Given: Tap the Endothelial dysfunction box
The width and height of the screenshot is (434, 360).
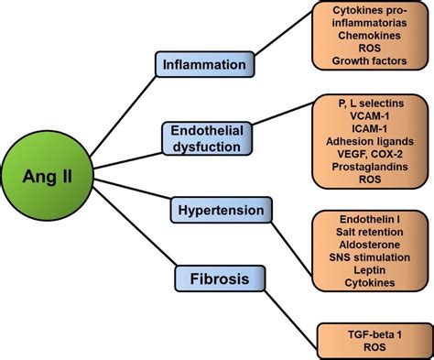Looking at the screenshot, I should (x=208, y=137).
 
